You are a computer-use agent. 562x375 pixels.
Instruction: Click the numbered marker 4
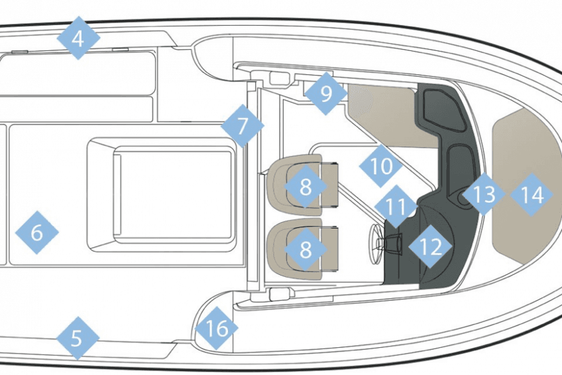[x=78, y=38]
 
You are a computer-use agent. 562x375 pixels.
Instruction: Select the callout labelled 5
[x=78, y=338]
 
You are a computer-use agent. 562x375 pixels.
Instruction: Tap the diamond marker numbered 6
[x=37, y=233]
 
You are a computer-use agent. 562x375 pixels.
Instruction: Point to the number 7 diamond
[x=243, y=126]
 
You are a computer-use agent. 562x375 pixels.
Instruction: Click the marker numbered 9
[x=326, y=93]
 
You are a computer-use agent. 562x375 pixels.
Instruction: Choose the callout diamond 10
[x=380, y=166]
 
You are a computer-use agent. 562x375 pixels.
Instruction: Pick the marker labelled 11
[x=396, y=206]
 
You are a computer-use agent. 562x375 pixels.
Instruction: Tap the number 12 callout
[x=430, y=246]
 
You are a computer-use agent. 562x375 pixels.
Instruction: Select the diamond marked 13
[x=484, y=193]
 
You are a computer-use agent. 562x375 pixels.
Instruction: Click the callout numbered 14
[x=532, y=195]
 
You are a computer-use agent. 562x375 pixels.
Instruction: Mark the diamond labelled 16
[x=217, y=328]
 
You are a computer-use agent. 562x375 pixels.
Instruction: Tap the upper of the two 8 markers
[x=306, y=186]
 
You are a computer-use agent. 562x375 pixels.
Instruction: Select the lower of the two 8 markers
[x=306, y=249]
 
